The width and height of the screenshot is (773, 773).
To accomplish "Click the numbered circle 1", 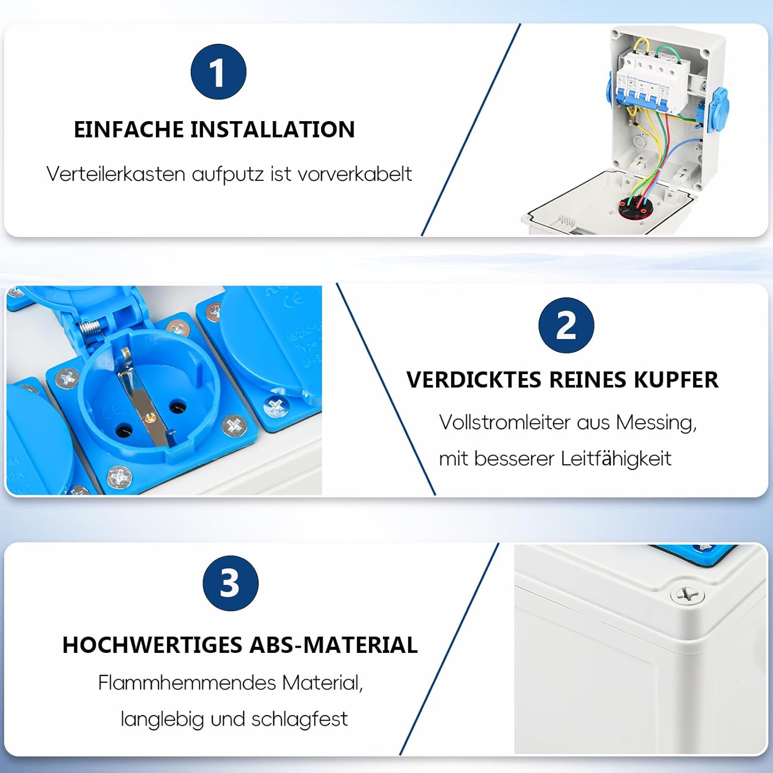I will click(219, 72).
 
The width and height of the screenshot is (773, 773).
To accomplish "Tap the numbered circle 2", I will click(566, 325).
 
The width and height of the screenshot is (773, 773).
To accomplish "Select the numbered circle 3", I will click(230, 583).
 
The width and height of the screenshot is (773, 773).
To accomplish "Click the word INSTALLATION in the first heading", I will click(273, 129).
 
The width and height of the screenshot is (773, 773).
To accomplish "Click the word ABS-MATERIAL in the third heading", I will click(334, 645).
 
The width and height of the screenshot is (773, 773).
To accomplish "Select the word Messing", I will click(656, 423).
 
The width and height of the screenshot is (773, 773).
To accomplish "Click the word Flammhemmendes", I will click(188, 683).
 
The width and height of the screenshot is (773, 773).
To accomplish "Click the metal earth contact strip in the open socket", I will click(145, 397).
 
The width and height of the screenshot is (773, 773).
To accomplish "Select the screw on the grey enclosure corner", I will click(687, 595).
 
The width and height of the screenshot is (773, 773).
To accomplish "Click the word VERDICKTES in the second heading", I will click(474, 380).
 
